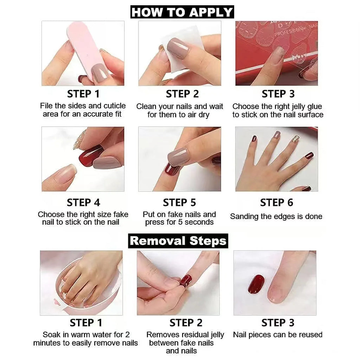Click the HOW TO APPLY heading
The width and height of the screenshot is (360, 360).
pyautogui.click(x=182, y=12)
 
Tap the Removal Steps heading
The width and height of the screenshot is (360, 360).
pyautogui.click(x=178, y=241)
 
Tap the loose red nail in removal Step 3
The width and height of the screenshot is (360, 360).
pyautogui.click(x=256, y=284)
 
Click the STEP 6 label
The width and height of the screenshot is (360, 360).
pyautogui.click(x=276, y=203)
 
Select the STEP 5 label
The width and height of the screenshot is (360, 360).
pyautogui.click(x=179, y=203)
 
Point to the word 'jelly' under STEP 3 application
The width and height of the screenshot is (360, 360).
pyautogui.click(x=295, y=107)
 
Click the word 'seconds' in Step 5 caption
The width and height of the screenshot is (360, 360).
pyautogui.click(x=199, y=222)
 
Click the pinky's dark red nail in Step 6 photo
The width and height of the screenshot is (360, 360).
pyautogui.click(x=309, y=155)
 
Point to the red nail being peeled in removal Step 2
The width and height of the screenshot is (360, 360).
pyautogui.click(x=186, y=281)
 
